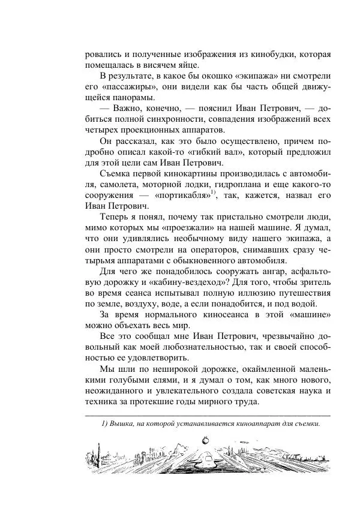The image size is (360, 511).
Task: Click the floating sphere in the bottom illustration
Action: (207, 440)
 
